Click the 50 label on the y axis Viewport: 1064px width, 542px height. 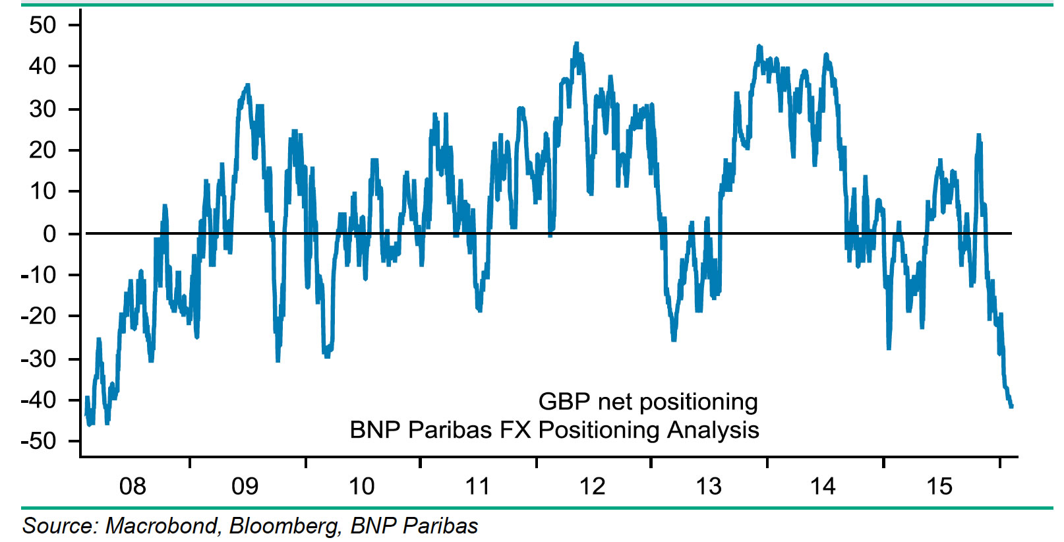[43, 25]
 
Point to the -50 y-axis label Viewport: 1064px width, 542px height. [39, 441]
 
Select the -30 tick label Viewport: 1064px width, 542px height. [39, 359]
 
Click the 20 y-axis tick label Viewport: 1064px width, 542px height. [43, 150]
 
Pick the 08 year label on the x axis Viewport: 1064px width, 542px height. [133, 487]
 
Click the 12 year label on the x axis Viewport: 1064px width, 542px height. [592, 487]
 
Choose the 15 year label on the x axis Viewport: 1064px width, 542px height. [939, 487]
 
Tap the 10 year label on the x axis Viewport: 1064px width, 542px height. [361, 487]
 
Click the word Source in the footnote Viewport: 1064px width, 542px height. [60, 526]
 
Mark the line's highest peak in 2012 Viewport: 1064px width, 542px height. [576, 44]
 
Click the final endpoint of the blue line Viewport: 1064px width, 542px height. [1011, 406]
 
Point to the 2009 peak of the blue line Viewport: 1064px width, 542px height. [247, 85]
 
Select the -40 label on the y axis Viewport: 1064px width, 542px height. [39, 400]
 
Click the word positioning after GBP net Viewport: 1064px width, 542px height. [699, 402]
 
